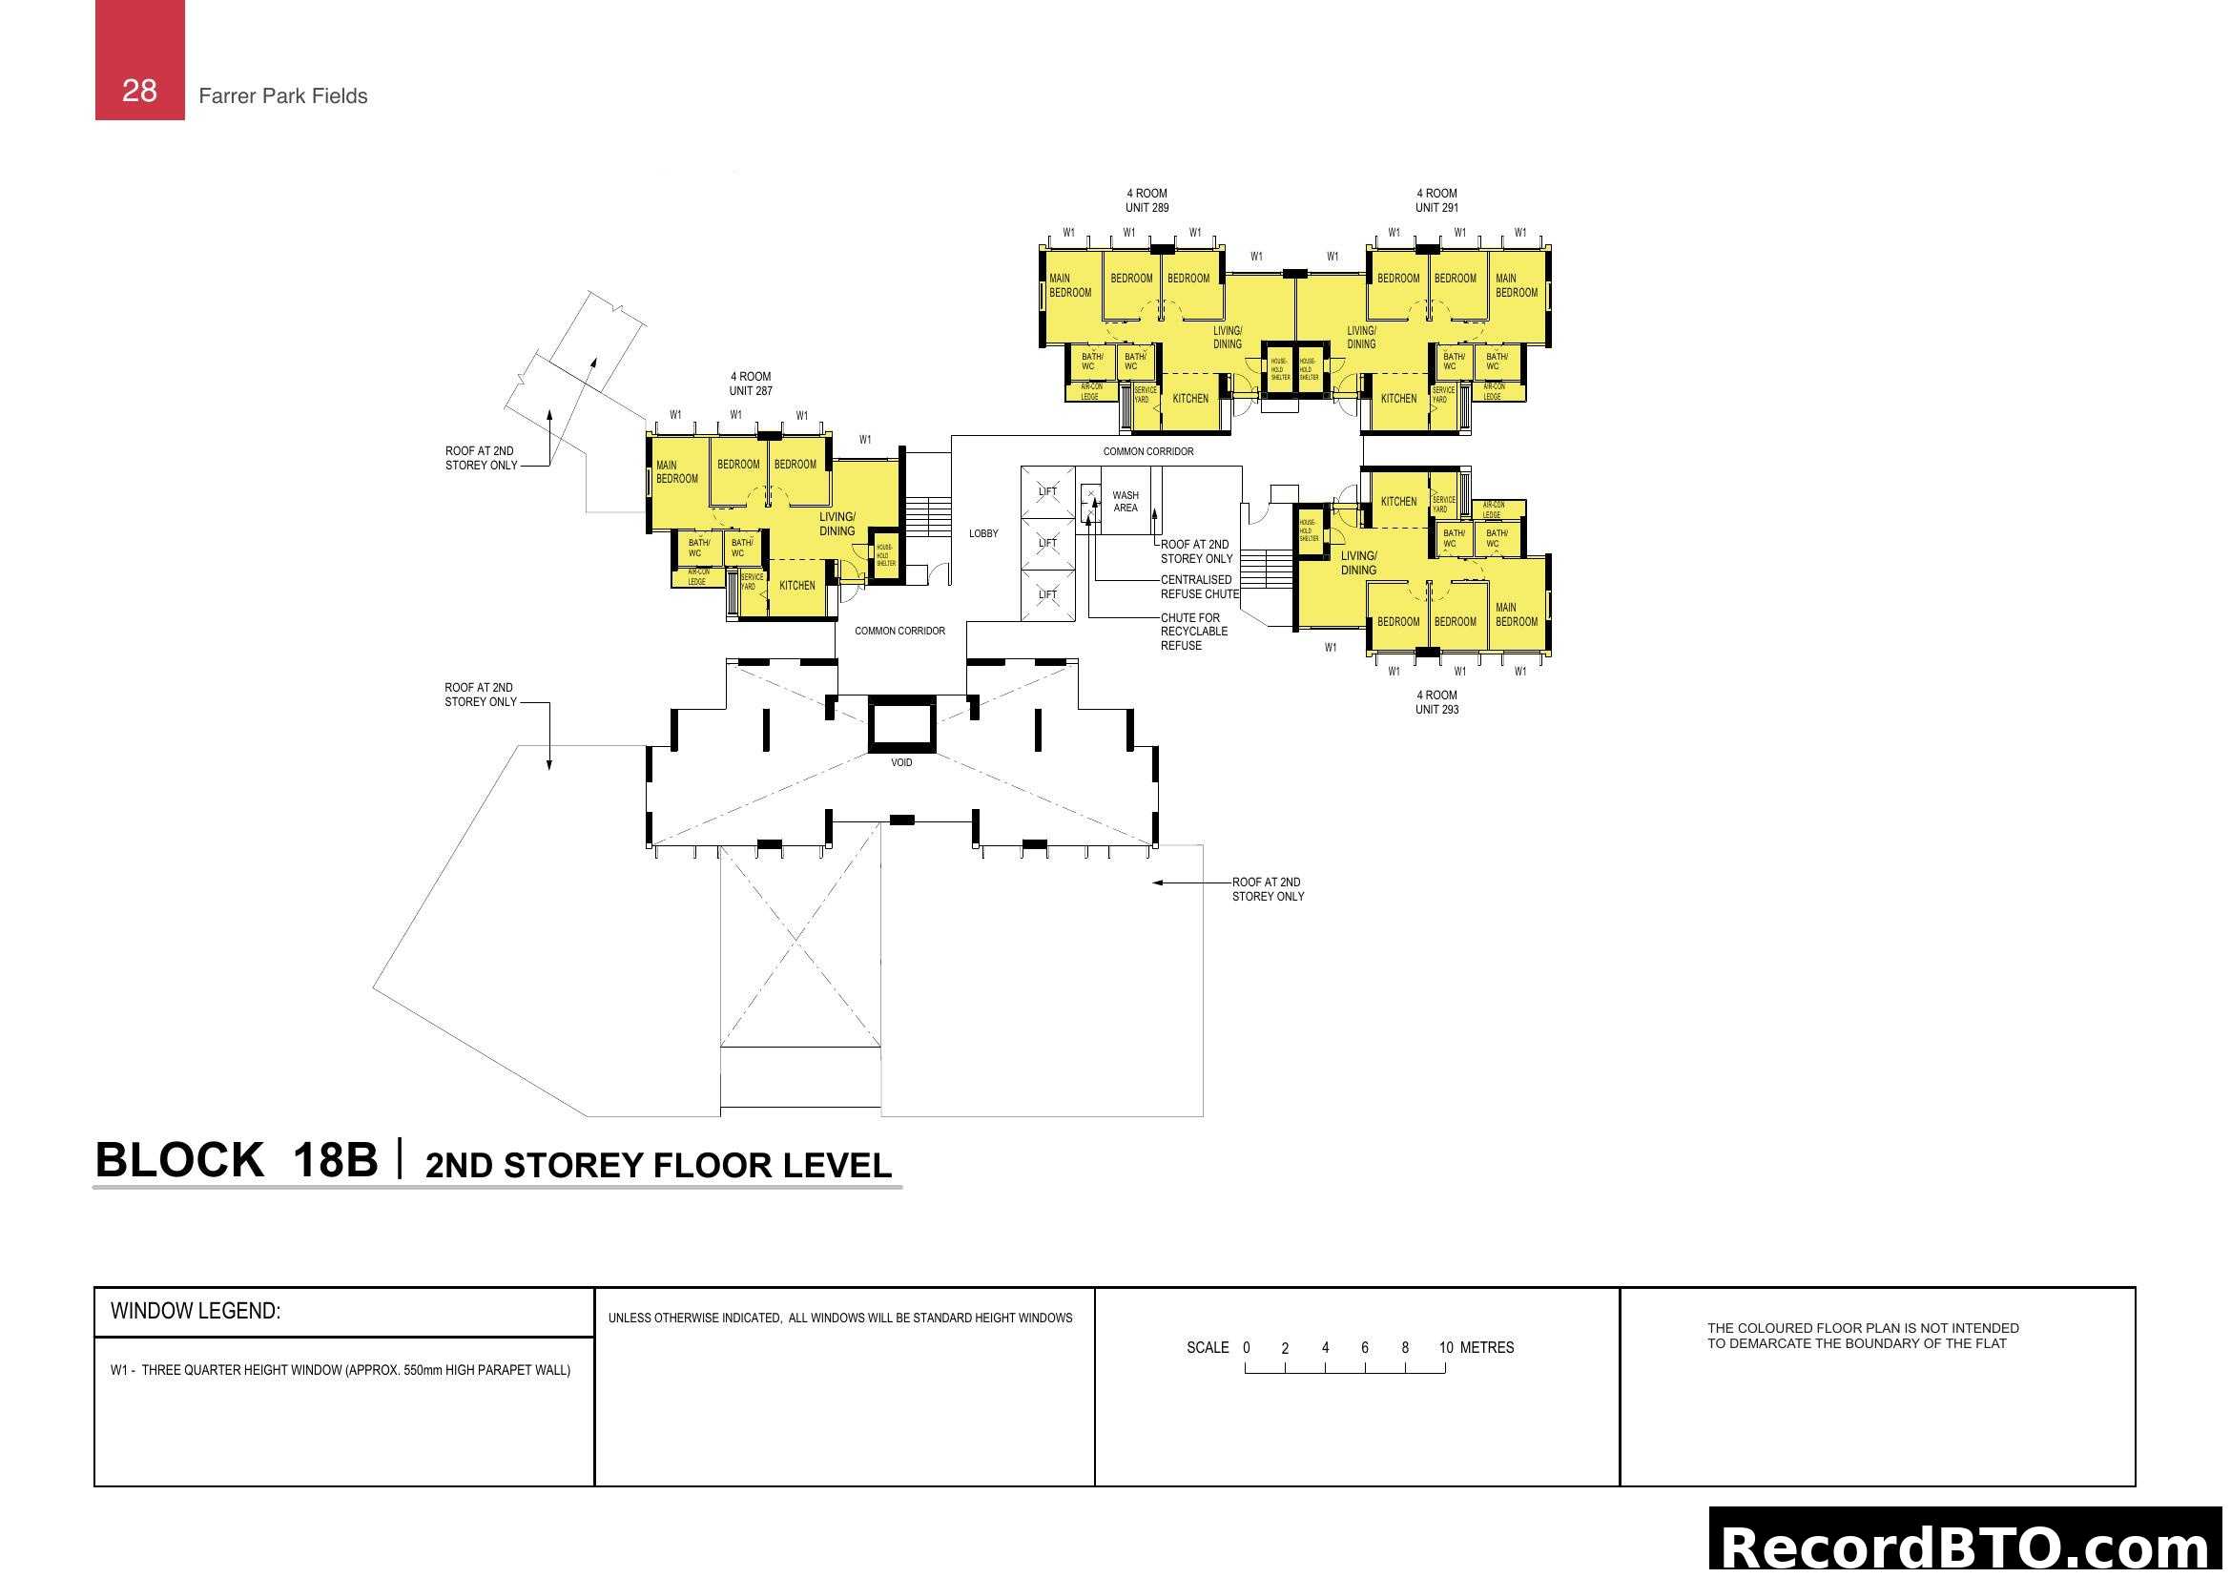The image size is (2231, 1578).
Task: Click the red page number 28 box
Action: point(139,60)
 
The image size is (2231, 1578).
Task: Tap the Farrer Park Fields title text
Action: point(282,96)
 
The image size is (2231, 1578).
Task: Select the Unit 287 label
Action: point(750,384)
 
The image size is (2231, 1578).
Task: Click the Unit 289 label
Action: point(1146,200)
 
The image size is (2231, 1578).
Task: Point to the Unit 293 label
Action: point(1436,701)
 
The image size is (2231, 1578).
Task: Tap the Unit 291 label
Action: point(1436,200)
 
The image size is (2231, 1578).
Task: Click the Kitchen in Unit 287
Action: point(796,585)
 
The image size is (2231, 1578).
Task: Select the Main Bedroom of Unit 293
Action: point(1516,614)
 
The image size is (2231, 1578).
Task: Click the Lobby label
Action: point(983,533)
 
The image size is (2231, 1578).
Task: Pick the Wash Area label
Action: point(1126,502)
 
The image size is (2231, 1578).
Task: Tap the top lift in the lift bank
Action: point(1047,491)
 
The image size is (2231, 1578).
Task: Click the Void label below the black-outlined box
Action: point(901,763)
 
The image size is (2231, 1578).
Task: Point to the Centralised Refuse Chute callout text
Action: point(1199,587)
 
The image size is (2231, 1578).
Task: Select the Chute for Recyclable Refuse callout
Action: point(1193,632)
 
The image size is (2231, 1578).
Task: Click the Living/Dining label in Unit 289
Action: point(1228,337)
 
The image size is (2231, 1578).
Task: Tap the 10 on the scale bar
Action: point(1446,1348)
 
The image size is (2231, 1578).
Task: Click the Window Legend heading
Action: point(196,1311)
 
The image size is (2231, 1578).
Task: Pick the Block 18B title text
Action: point(237,1160)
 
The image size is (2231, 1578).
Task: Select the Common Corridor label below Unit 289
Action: point(1147,452)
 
